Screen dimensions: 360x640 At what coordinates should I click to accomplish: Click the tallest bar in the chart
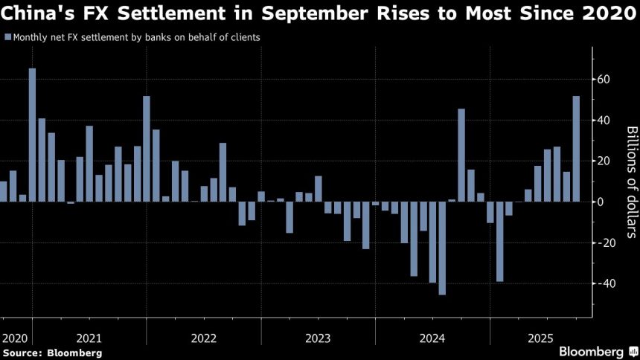[x=33, y=135]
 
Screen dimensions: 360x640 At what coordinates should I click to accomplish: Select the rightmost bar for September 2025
[x=576, y=149]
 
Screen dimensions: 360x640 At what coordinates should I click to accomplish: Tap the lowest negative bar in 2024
[x=442, y=248]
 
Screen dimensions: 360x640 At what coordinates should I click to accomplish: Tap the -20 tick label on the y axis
[x=604, y=243]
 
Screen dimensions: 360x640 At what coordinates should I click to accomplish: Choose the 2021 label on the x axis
[x=90, y=338]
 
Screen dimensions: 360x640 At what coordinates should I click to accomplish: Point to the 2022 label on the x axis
[x=204, y=338]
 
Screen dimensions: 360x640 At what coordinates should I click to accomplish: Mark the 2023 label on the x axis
[x=318, y=338]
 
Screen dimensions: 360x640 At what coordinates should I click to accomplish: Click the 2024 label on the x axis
[x=432, y=338]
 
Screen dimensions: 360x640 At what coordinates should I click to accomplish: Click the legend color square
[x=7, y=37]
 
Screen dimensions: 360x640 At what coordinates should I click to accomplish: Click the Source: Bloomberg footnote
[x=52, y=353]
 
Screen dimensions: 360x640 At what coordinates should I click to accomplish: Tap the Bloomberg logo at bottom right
[x=592, y=351]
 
